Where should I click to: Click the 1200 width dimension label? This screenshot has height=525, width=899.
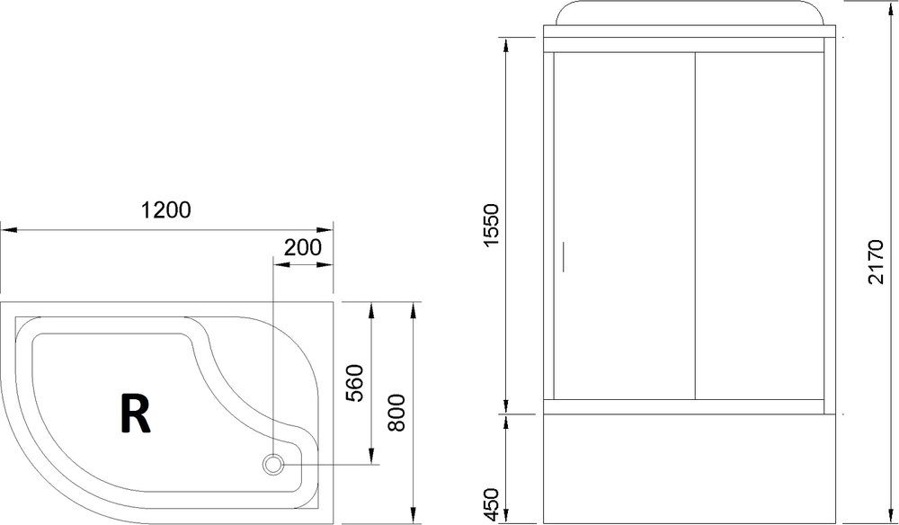coord(166,210)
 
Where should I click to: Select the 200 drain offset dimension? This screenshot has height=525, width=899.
coord(303,246)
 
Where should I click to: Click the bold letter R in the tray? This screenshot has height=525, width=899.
coord(135,414)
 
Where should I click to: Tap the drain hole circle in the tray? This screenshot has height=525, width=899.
coord(273,465)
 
